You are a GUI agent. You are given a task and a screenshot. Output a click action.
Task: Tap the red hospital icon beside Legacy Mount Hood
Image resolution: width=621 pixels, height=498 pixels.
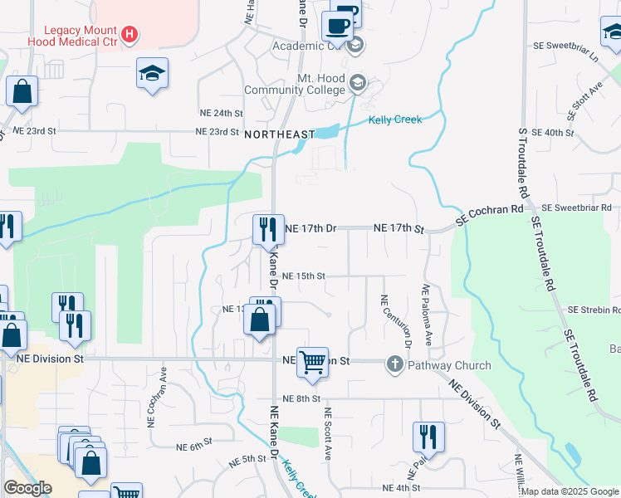(x=130, y=35)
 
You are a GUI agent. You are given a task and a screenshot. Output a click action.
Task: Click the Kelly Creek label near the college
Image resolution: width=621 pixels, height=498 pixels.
(x=395, y=120)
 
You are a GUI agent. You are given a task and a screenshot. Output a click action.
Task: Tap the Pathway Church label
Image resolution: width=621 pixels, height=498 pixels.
(x=449, y=365)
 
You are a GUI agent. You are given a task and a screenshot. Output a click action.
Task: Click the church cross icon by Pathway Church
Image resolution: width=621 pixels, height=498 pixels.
(x=395, y=364)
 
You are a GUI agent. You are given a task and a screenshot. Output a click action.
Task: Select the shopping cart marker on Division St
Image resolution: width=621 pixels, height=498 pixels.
(x=312, y=363)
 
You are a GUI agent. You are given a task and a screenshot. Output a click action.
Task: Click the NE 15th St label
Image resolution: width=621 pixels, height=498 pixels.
(x=304, y=276)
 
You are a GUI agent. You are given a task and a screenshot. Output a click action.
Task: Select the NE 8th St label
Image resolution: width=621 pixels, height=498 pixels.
(x=302, y=398)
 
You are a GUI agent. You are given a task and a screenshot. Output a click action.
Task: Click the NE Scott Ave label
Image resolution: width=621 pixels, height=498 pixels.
(x=328, y=434)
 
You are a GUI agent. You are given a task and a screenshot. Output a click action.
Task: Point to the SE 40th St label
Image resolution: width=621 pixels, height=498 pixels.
(x=553, y=133)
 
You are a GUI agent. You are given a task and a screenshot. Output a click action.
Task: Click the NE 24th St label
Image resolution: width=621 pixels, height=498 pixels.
(x=220, y=113)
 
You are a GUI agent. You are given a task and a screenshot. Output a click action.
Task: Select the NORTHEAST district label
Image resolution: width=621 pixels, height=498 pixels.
(x=280, y=134)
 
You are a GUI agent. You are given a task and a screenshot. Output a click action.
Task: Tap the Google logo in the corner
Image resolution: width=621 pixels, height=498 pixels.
(x=27, y=488)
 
